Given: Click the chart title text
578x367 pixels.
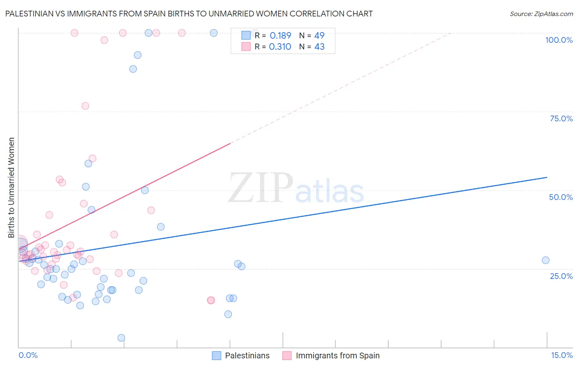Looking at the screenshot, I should [x=189, y=14].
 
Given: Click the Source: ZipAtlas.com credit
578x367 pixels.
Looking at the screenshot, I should [x=541, y=14].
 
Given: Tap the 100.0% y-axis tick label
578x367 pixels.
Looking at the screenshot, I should [x=559, y=40].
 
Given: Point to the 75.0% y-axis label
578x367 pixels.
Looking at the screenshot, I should [x=561, y=118].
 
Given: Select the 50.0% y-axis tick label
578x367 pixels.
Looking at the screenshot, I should [x=561, y=197].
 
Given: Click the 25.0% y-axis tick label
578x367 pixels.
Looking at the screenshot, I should [x=561, y=276].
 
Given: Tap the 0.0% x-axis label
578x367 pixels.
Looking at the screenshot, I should [x=28, y=355].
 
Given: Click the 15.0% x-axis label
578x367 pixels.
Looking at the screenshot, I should [x=562, y=355].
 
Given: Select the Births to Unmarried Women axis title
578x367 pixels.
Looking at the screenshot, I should [x=12, y=188].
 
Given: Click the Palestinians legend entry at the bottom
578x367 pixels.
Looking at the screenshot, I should [x=240, y=355].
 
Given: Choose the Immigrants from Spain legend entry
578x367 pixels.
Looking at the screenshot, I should [x=331, y=355].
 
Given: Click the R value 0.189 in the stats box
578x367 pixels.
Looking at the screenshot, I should [x=280, y=35].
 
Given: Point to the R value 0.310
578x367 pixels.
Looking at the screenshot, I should [x=280, y=47].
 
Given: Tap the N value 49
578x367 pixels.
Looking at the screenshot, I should [x=319, y=35].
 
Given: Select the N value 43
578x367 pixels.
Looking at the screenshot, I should [x=319, y=47].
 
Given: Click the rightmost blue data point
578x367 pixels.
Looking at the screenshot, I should [x=546, y=260].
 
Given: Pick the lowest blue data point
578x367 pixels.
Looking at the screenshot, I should [x=121, y=338].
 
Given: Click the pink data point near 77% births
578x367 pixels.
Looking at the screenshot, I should [x=85, y=106].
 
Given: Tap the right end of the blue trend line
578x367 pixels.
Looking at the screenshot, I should [x=547, y=177].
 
